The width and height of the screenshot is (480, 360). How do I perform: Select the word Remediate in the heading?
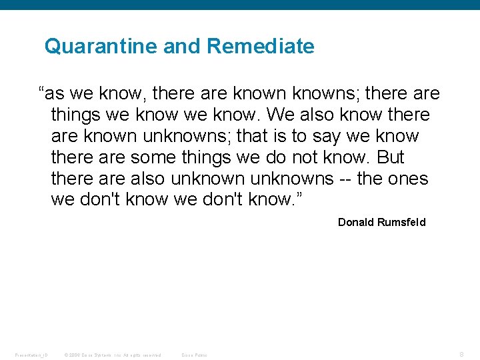point(261,47)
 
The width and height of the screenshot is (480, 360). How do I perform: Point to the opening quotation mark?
point(42,91)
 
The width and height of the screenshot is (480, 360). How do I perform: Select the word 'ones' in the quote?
point(409,179)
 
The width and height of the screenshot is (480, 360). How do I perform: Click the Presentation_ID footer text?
point(31,355)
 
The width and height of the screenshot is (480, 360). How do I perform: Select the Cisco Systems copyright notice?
point(113,355)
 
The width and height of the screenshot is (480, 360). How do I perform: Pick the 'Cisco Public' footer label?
point(195,355)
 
